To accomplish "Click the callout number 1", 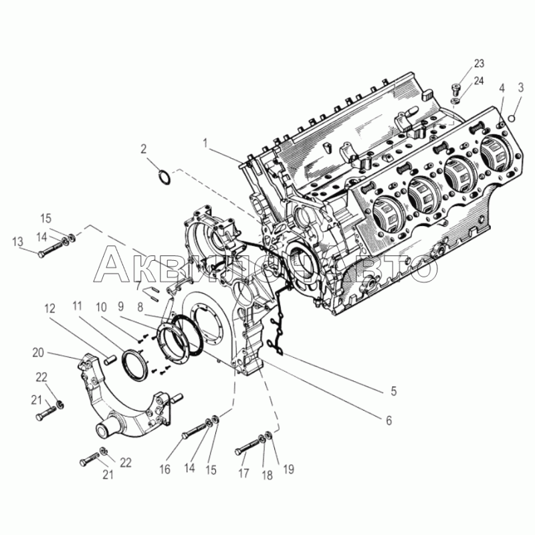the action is click(x=205, y=143).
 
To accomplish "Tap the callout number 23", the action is click(x=479, y=64).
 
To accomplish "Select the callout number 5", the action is click(x=394, y=391).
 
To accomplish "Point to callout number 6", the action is click(x=389, y=421).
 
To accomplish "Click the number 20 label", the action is click(x=38, y=352).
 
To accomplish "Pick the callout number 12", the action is click(x=49, y=308).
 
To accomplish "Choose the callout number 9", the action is click(x=121, y=307).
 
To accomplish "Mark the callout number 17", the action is click(x=243, y=473).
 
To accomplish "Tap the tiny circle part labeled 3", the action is click(x=511, y=118).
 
